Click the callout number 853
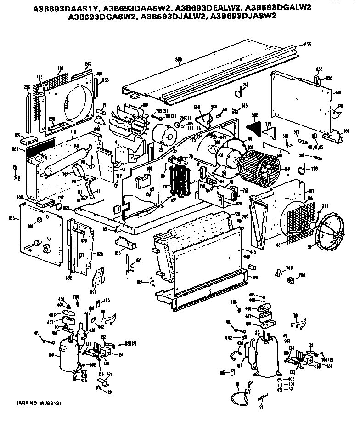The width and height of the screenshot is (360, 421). coord(307,44)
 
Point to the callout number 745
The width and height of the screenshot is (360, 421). coord(243,105)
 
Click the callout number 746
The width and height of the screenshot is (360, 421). coord(289,268)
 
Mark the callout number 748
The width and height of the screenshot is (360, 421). coord(302,276)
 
